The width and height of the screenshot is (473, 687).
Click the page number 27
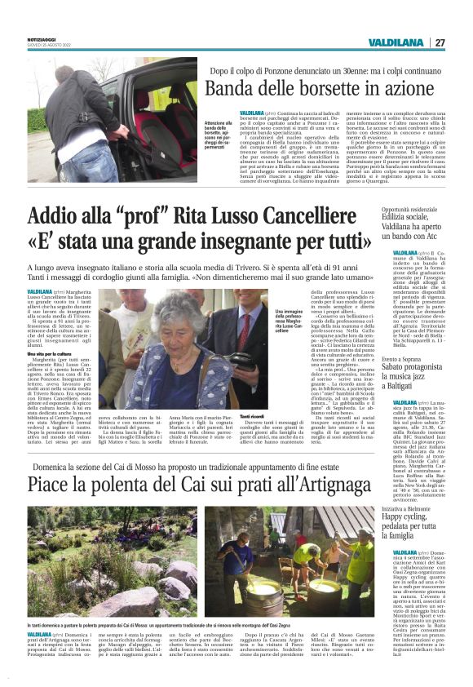tap(440, 42)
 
